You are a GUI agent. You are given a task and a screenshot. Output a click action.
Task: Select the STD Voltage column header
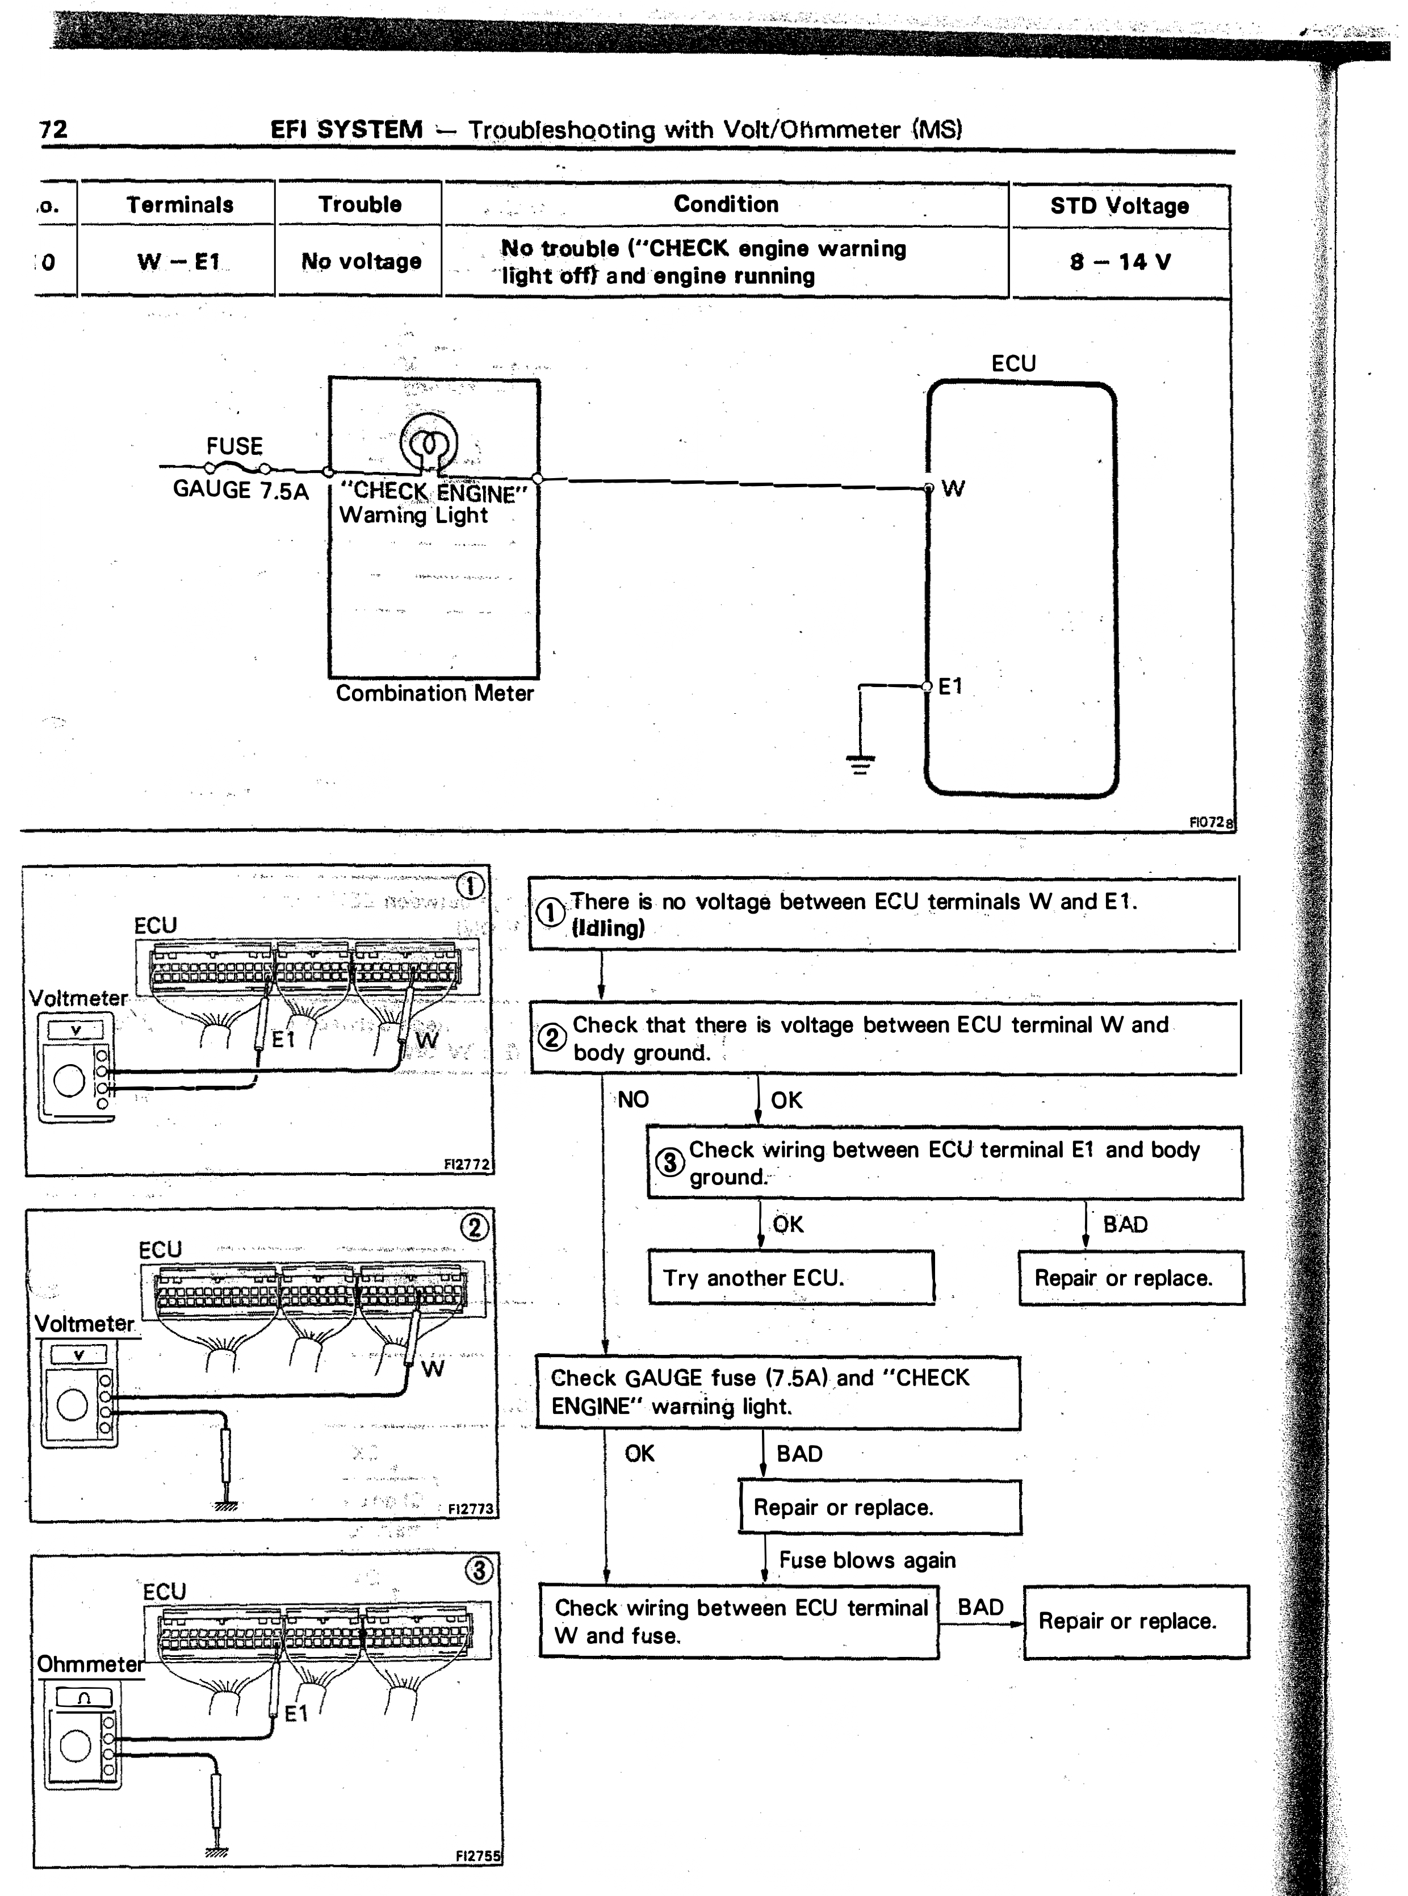coord(1119,206)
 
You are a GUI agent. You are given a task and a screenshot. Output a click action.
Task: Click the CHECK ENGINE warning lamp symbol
coord(429,442)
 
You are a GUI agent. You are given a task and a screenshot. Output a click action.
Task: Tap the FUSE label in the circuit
coord(234,446)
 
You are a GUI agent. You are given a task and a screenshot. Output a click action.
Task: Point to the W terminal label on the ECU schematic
coord(953,488)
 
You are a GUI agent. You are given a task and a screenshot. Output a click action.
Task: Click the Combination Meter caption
coord(435,693)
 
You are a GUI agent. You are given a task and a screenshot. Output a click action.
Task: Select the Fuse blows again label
coord(867,1560)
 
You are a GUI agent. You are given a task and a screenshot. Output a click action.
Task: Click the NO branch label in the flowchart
coord(633,1100)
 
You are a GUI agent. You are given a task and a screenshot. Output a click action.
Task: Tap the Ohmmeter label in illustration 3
coord(90,1664)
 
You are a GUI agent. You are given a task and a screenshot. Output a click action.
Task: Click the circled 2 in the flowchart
coord(551,1037)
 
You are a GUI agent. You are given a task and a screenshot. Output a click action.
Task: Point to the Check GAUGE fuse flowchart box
coord(777,1393)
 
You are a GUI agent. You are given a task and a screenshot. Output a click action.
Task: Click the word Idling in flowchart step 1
coord(607,928)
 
